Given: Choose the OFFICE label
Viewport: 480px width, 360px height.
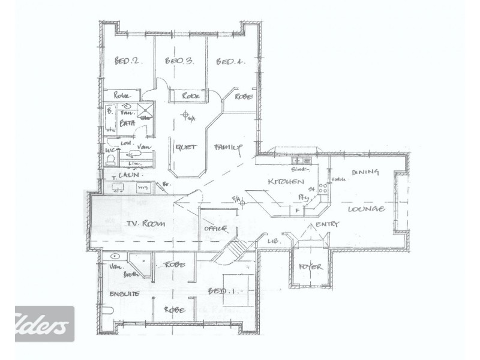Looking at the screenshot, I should coord(215,228).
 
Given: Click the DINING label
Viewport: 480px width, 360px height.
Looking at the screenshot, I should coord(365,173).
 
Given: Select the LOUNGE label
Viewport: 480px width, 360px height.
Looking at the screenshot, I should coord(365,209).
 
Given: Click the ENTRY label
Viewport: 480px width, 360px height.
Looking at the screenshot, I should coord(326,224).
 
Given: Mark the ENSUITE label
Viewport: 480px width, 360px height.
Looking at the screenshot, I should coord(124,294).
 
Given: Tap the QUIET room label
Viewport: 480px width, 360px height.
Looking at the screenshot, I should coord(184,146).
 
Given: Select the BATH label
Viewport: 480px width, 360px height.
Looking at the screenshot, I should coord(127,124).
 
